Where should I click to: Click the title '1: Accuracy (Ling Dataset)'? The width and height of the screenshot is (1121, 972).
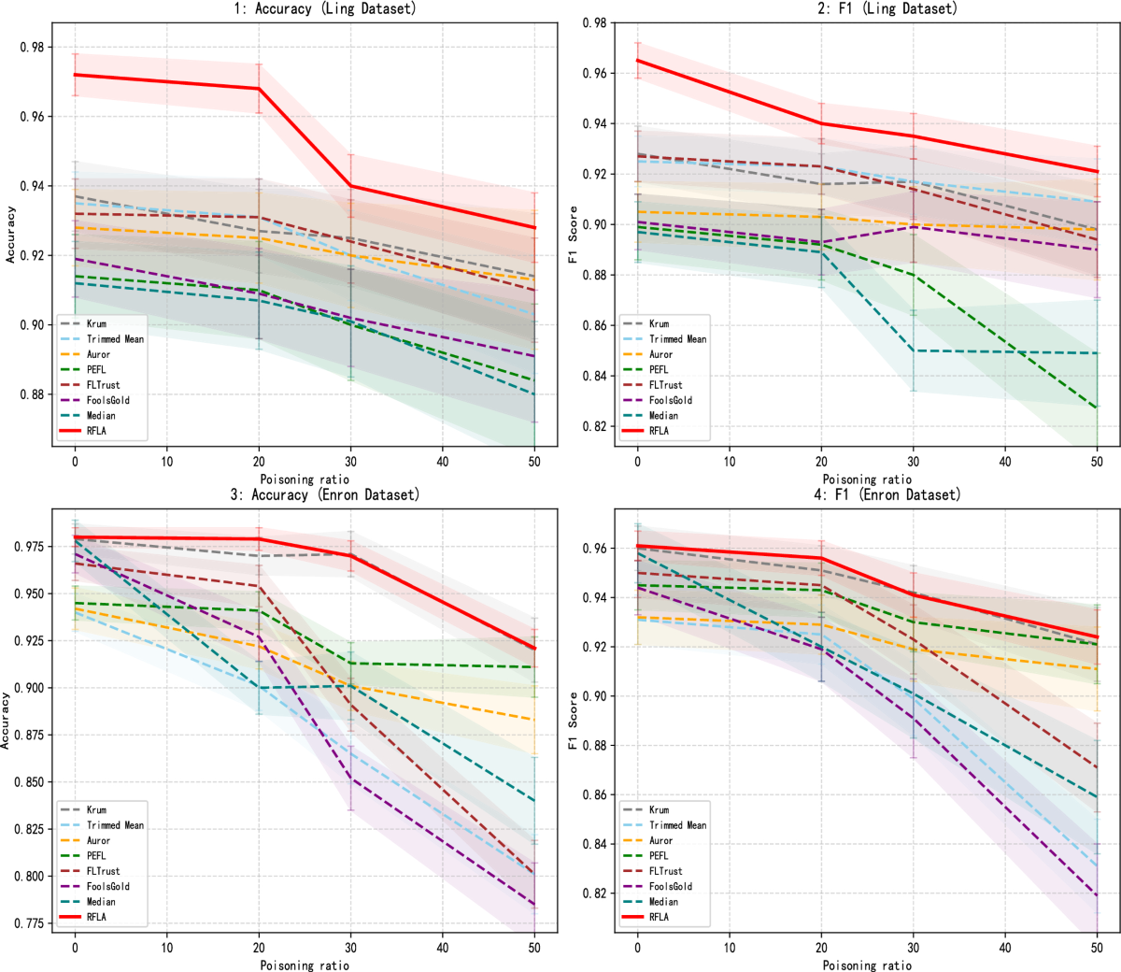pos(324,8)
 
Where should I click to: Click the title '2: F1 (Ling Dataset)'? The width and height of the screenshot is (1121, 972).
pos(887,8)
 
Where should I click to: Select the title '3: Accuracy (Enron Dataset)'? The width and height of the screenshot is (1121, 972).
pos(324,494)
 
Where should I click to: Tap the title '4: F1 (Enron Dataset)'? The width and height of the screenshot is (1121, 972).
pos(887,494)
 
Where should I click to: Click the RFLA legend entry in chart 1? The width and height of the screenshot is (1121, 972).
pos(97,431)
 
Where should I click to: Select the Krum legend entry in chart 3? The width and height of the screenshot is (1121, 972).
pos(97,809)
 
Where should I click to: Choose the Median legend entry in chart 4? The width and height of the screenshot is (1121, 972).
pos(663,902)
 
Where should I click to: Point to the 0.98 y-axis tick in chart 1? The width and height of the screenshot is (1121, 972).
pos(35,48)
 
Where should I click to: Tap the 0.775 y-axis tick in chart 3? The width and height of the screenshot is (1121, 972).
pos(32,923)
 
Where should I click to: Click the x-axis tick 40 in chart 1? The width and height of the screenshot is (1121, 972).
pos(443,462)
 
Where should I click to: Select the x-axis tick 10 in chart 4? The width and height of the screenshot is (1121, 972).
pos(730,948)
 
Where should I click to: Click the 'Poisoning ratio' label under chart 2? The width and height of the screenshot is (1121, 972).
pos(867,479)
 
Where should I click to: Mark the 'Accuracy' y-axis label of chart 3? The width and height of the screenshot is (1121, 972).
pos(7,720)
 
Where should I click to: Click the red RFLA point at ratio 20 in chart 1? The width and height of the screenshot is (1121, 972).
pos(260,89)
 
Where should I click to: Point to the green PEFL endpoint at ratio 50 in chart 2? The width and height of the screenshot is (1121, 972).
pos(1097,408)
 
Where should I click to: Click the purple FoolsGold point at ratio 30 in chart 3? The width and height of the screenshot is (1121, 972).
pos(351,778)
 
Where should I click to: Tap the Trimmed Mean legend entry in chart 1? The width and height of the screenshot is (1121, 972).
pos(115,339)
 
